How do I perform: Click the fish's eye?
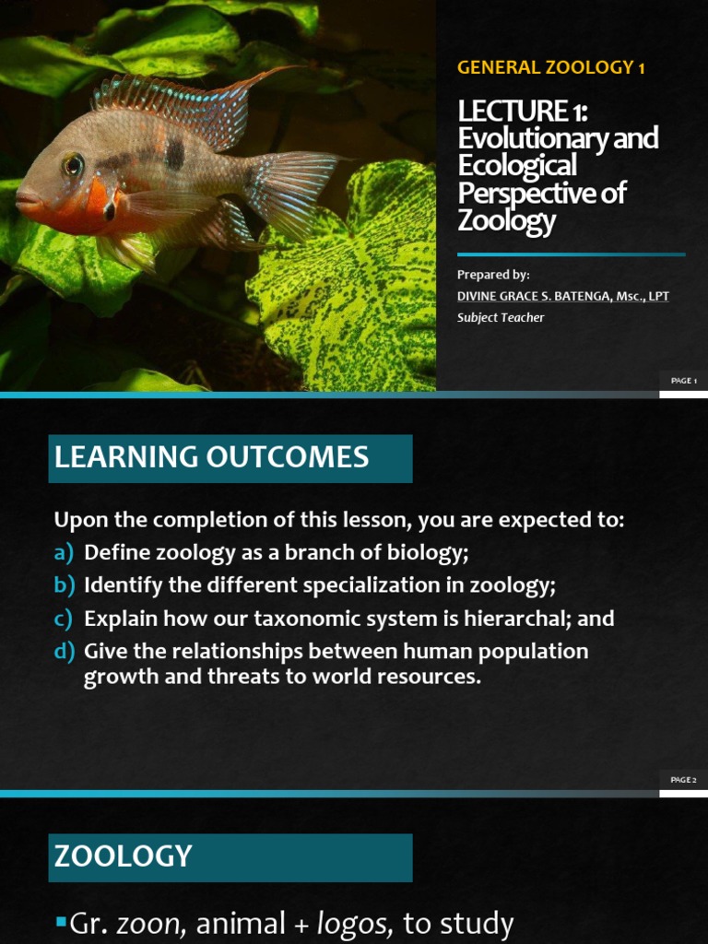(x=73, y=166)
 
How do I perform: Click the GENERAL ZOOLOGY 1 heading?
(x=551, y=68)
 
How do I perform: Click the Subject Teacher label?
(x=501, y=318)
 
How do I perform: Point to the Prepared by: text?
(x=493, y=275)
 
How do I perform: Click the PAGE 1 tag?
(x=683, y=381)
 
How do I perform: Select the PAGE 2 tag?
(x=683, y=780)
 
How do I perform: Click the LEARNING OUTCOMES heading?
(x=211, y=457)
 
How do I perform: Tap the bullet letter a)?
(x=64, y=552)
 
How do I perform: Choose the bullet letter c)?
(x=64, y=619)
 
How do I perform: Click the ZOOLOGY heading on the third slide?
(x=123, y=856)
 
